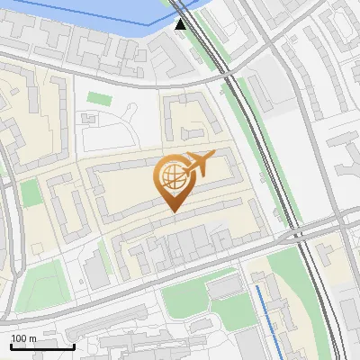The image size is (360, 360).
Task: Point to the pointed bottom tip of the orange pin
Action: [x=171, y=211]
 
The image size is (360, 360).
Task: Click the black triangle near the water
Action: [x=181, y=23]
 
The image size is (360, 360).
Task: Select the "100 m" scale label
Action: [x=24, y=337]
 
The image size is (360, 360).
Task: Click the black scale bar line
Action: [x=42, y=346]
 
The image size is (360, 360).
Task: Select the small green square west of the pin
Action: [x=31, y=193]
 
